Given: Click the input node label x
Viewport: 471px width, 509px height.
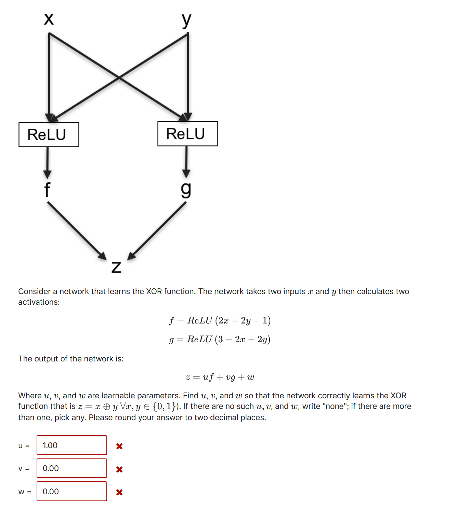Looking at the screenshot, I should pyautogui.click(x=49, y=19).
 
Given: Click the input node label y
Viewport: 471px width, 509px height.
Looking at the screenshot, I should pyautogui.click(x=186, y=20).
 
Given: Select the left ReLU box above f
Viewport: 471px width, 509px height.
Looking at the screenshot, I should pyautogui.click(x=49, y=135).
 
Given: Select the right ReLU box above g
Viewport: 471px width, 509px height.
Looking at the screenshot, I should pyautogui.click(x=187, y=134).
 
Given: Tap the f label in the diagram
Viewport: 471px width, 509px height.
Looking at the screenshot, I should pyautogui.click(x=47, y=190).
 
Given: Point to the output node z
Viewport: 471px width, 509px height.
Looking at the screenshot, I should pyautogui.click(x=116, y=267).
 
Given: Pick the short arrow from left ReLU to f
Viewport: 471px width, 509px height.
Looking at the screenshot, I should pyautogui.click(x=48, y=162).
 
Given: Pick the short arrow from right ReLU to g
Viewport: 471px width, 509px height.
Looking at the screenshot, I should pyautogui.click(x=186, y=162).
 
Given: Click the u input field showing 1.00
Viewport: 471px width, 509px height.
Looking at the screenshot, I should pyautogui.click(x=72, y=445).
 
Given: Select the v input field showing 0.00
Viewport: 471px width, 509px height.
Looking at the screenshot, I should pyautogui.click(x=72, y=468).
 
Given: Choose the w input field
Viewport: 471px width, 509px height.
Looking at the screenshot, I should pyautogui.click(x=72, y=491).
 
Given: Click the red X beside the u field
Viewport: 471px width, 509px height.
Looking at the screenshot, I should pyautogui.click(x=119, y=446).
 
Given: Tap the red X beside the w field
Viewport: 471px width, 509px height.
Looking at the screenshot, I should pyautogui.click(x=119, y=492).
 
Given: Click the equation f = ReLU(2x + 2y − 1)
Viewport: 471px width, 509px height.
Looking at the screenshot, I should pyautogui.click(x=220, y=320).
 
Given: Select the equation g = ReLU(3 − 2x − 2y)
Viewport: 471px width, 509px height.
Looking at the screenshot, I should pyautogui.click(x=220, y=339).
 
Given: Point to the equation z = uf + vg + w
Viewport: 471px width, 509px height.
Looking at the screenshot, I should pyautogui.click(x=220, y=377).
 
